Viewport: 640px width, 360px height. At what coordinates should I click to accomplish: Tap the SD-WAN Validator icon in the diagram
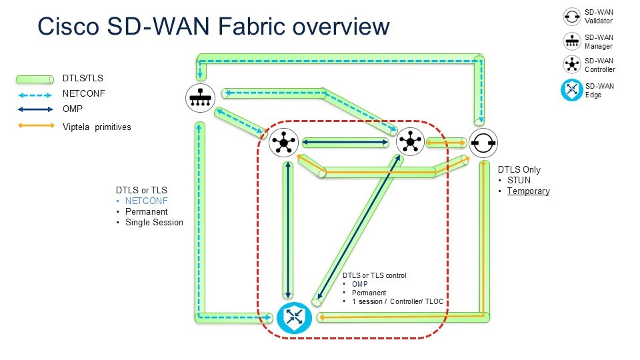[483, 143]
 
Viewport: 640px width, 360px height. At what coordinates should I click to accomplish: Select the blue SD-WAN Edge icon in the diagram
[294, 318]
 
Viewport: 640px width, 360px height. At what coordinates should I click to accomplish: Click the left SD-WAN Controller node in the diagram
[283, 142]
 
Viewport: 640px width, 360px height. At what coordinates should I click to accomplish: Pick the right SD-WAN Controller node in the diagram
[409, 142]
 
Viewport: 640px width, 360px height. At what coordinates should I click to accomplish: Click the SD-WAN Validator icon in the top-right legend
[571, 15]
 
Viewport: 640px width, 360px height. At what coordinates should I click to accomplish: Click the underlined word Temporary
[528, 191]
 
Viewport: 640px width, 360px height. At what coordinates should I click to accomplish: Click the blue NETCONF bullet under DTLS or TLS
[147, 201]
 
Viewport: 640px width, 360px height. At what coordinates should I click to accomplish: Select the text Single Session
[154, 222]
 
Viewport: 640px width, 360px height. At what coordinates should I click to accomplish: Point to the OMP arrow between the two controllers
[346, 142]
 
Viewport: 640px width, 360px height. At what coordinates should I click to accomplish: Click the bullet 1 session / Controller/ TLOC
[397, 302]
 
